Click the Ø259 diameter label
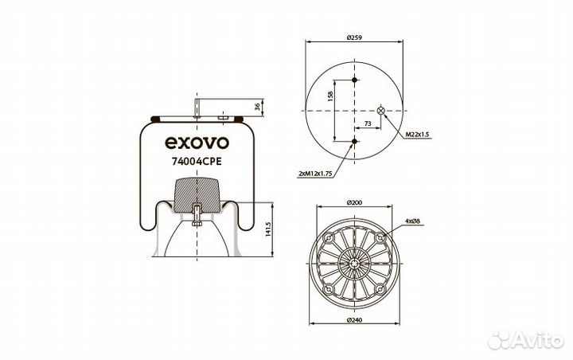[x=355, y=37]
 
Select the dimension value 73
[x=367, y=123]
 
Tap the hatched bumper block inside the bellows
[x=195, y=193]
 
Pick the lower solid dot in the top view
[x=355, y=142]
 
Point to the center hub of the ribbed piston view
[x=355, y=264]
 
